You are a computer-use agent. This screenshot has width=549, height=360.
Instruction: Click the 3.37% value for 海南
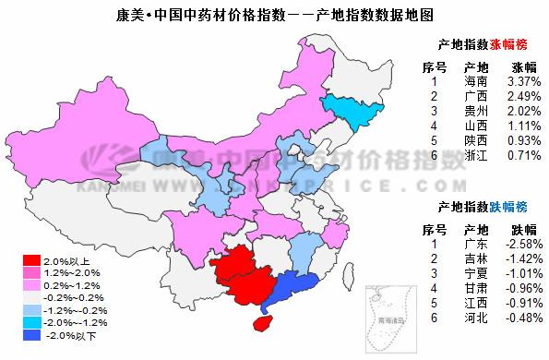(x=523, y=82)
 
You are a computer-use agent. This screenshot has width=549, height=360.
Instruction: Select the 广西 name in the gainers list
(x=476, y=97)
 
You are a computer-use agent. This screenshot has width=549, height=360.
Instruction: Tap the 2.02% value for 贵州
(x=523, y=112)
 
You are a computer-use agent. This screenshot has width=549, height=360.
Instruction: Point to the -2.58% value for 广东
(x=522, y=244)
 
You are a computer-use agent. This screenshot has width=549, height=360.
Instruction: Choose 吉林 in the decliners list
(x=476, y=258)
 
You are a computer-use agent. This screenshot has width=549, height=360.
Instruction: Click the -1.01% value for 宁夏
(x=522, y=273)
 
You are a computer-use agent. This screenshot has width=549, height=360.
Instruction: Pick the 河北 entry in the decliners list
(x=476, y=318)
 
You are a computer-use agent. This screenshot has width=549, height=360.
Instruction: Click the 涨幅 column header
(x=523, y=66)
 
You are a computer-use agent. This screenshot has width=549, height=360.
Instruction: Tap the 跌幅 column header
(x=523, y=228)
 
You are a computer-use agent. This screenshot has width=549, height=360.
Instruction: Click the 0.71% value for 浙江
(x=523, y=156)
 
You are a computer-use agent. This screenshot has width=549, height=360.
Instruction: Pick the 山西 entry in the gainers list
(x=476, y=126)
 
